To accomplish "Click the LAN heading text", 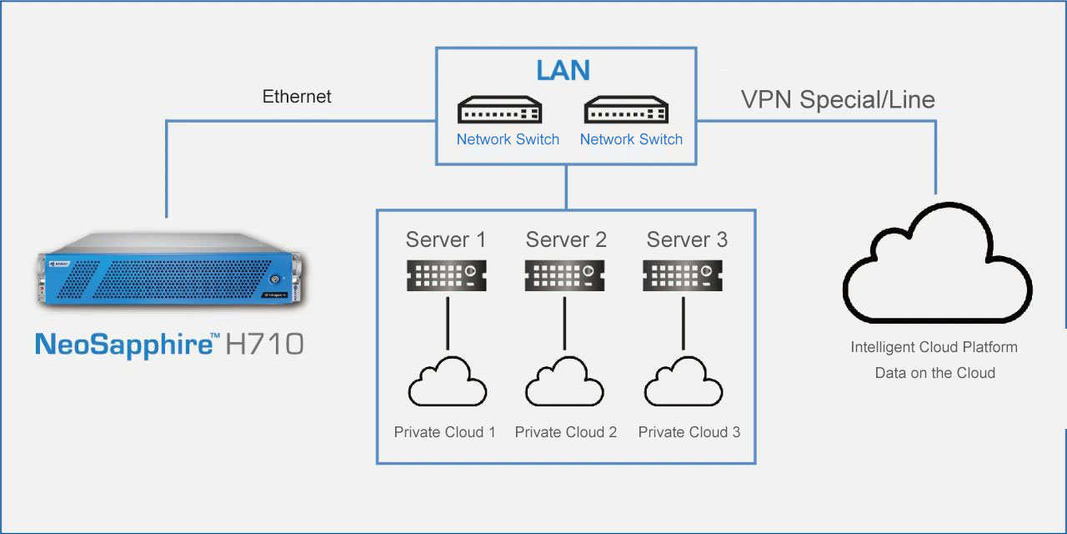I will (564, 71).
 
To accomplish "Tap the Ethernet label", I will (297, 97).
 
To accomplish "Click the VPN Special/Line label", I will (838, 100).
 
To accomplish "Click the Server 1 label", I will (445, 240).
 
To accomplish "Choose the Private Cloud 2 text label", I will (566, 432).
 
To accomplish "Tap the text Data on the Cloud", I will (934, 373).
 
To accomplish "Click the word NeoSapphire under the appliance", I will (123, 345).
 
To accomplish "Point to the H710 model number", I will (264, 345).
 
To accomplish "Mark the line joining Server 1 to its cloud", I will (448, 321).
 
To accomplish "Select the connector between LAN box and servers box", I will (566, 186).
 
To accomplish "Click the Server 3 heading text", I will (687, 240).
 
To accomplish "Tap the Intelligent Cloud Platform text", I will (934, 347).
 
